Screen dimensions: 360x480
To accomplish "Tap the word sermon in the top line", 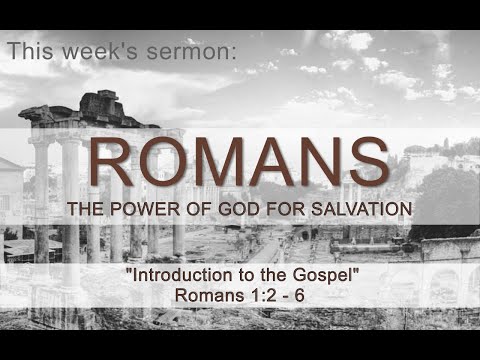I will (195, 52).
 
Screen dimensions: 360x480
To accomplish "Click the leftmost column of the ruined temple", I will (41, 200).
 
